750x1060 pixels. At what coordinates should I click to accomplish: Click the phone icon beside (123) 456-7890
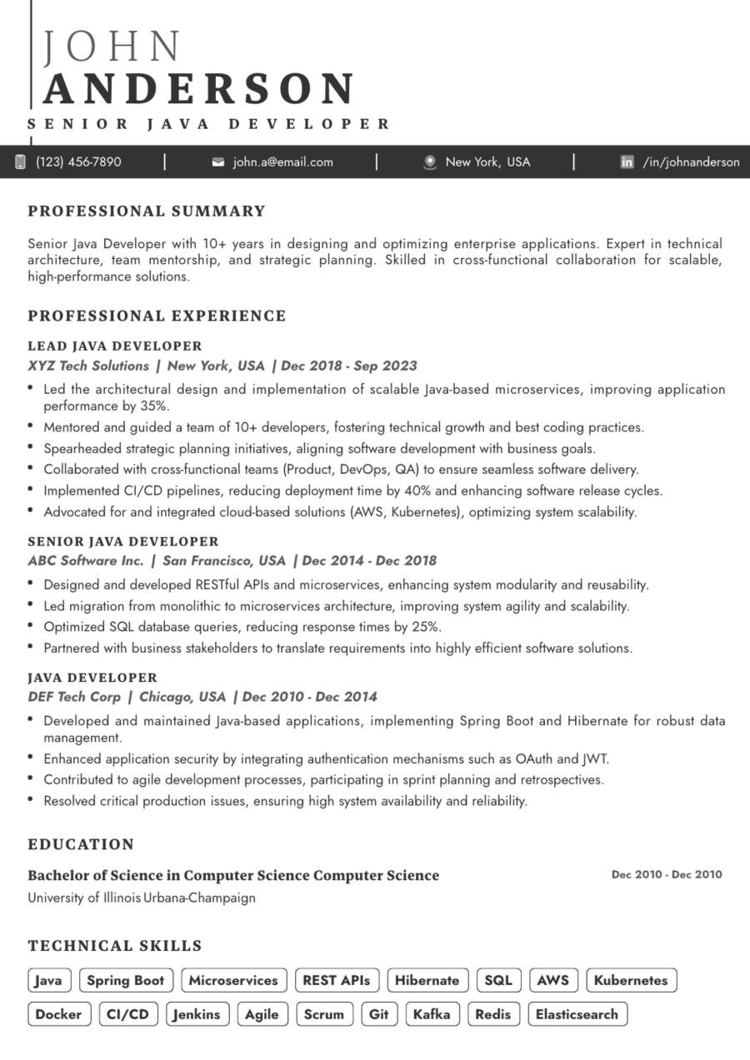point(21,162)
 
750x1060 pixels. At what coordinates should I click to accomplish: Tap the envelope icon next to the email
point(218,162)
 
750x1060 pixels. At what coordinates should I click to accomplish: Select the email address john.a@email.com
point(282,162)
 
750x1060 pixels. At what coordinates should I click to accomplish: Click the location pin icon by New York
point(430,162)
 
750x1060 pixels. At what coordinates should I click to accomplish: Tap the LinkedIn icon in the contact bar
point(627,162)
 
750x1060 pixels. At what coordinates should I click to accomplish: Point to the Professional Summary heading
point(147,212)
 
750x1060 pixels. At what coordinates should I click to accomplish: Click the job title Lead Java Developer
point(115,346)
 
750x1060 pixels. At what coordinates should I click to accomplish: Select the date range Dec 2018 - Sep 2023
point(349,366)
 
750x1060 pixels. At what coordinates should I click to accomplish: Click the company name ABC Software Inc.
point(86,560)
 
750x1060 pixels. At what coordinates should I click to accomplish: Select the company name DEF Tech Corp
point(74,697)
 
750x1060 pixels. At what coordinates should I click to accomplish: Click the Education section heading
point(81,844)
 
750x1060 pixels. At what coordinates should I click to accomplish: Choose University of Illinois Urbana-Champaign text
point(142,898)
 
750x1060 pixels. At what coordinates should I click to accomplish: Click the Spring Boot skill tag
point(126,980)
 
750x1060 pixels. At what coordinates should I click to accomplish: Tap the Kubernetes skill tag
point(631,980)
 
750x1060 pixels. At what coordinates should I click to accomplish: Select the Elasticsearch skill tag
point(577,1014)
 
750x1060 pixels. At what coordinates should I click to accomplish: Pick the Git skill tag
point(379,1014)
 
